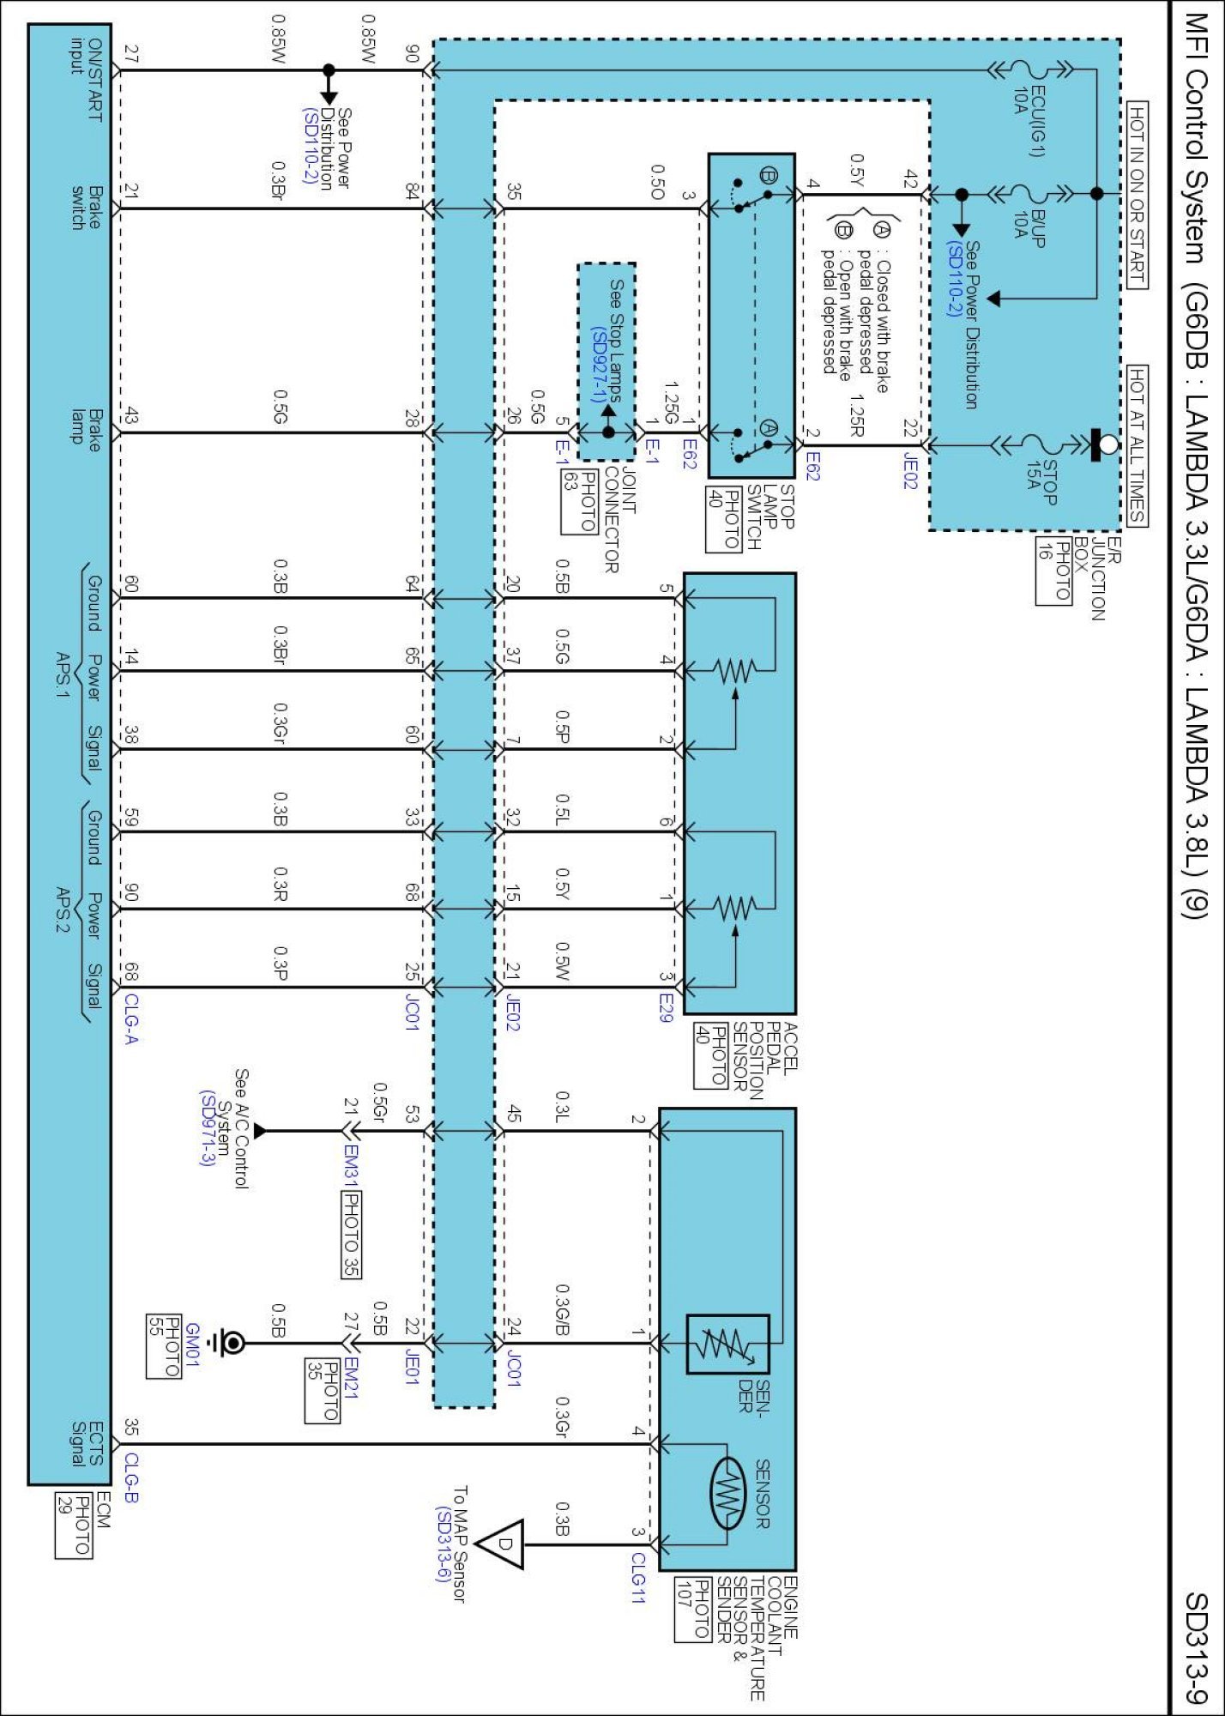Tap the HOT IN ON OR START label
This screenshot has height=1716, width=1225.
[x=1137, y=196]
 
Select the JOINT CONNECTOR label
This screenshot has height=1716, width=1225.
[x=620, y=519]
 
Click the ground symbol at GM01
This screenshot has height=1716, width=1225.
[x=231, y=1343]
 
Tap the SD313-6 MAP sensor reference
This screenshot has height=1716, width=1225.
[x=443, y=1544]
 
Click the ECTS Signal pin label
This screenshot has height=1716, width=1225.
[x=87, y=1444]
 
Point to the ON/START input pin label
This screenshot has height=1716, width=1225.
[x=87, y=80]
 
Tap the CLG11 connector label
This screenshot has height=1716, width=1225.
[x=637, y=1577]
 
